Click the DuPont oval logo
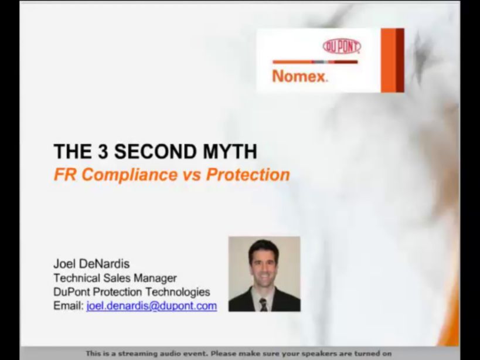coord(342,46)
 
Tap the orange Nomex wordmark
coord(299,76)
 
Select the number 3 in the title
coord(103,151)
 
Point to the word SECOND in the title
coord(156,151)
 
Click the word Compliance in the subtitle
coord(130,175)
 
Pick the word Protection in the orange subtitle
coord(248,175)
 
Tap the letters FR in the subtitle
coord(65,175)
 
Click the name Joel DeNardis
coord(91,264)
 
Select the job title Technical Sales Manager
coord(115,278)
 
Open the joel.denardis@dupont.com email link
coord(152,306)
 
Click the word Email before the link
coord(69,305)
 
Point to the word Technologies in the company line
coord(178,292)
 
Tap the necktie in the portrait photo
coord(263,304)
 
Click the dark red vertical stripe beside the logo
coord(400,60)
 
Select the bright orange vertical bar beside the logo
coord(389,60)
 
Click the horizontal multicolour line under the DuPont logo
coord(315,62)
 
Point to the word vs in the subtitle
coord(192,175)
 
